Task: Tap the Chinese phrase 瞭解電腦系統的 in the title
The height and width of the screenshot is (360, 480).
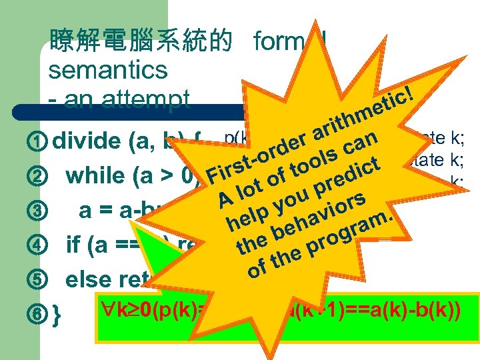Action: pyautogui.click(x=141, y=41)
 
